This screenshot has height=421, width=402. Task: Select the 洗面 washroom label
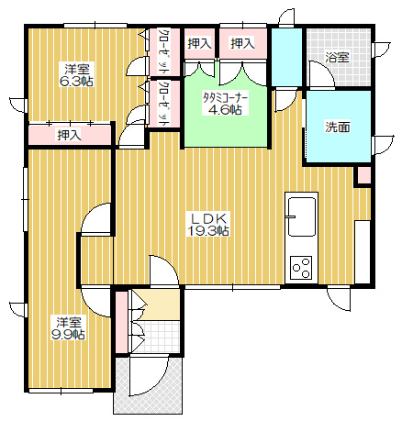[337, 127]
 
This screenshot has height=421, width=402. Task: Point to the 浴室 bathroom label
[338, 57]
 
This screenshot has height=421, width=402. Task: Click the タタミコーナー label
[224, 95]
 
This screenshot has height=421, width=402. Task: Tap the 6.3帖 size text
[77, 81]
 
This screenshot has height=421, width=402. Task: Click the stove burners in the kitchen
[301, 267]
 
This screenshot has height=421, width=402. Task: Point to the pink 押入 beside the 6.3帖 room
[69, 136]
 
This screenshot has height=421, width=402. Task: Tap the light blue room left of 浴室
[285, 57]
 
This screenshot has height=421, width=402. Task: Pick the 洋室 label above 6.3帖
[77, 68]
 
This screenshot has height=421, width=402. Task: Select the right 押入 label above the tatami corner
[242, 43]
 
